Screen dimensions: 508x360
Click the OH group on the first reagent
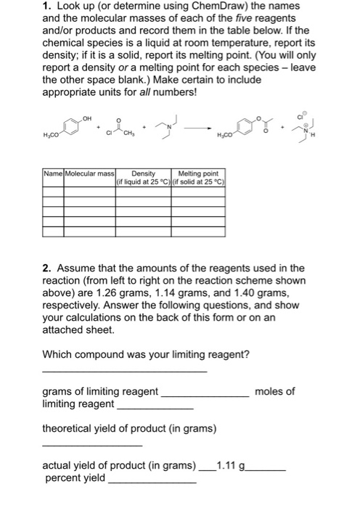coord(88,119)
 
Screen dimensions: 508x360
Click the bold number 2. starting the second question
coord(49,269)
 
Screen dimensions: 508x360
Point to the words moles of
coord(275,391)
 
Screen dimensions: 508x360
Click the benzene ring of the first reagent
coord(71,128)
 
